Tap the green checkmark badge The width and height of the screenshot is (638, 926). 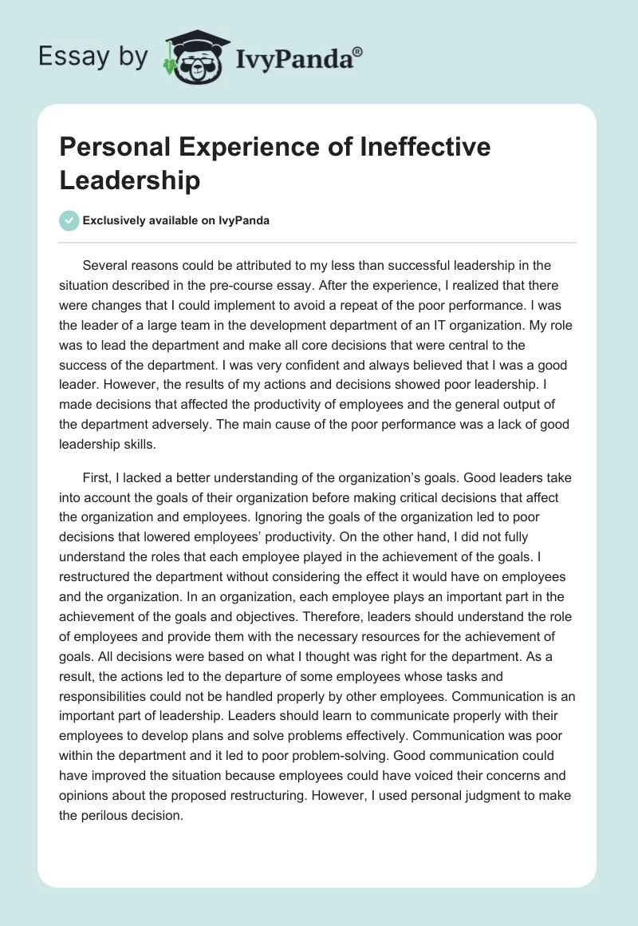coord(70,220)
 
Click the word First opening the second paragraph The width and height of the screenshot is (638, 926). coord(96,477)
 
